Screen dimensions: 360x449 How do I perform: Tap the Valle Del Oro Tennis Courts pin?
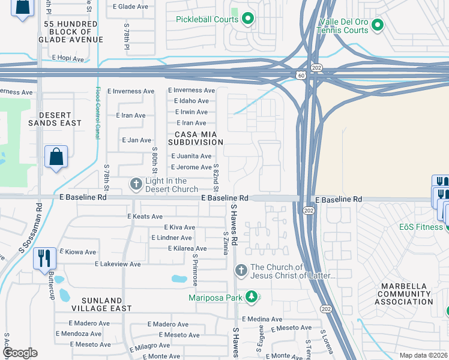click(377, 25)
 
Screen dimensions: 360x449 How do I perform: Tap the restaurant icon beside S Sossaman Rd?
click(45, 258)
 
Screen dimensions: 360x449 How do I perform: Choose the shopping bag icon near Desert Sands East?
click(56, 157)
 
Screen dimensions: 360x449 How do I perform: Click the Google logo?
click(20, 353)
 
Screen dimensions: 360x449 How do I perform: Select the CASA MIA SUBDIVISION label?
click(190, 138)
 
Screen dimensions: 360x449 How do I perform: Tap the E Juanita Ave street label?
click(191, 156)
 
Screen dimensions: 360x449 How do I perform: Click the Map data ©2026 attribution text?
click(423, 355)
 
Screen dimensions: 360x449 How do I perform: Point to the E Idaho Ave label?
click(191, 101)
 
